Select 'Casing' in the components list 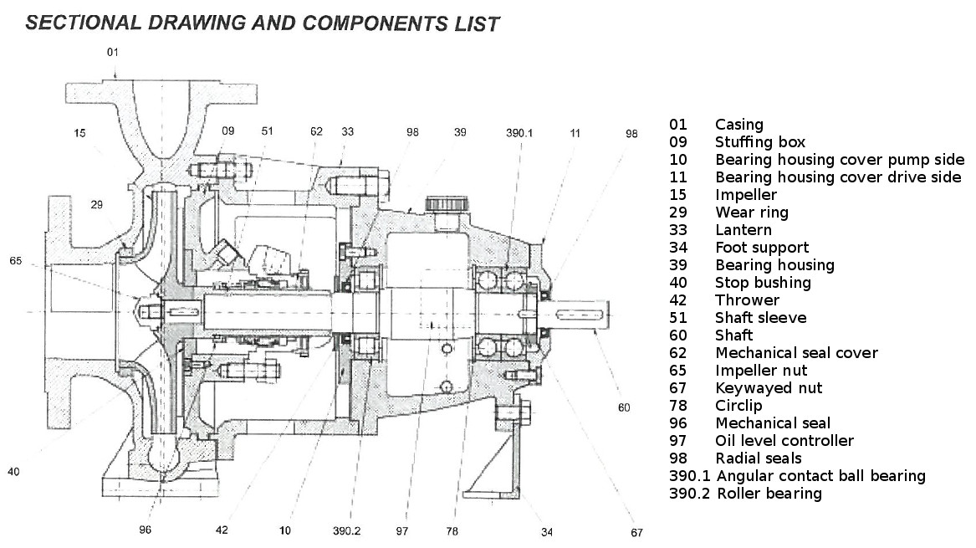pyautogui.click(x=738, y=125)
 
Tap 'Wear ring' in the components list pyautogui.click(x=751, y=213)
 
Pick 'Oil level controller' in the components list pyautogui.click(x=784, y=441)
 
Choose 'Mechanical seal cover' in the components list pyautogui.click(x=795, y=353)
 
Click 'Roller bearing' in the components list pyautogui.click(x=769, y=494)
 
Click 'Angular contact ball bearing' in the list pyautogui.click(x=820, y=476)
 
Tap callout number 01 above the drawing pyautogui.click(x=113, y=52)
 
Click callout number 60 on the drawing pyautogui.click(x=624, y=407)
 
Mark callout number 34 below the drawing pyautogui.click(x=547, y=531)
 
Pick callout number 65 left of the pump pyautogui.click(x=15, y=262)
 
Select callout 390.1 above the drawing pyautogui.click(x=518, y=133)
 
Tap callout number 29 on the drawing pyautogui.click(x=100, y=205)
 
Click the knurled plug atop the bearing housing pyautogui.click(x=440, y=203)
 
